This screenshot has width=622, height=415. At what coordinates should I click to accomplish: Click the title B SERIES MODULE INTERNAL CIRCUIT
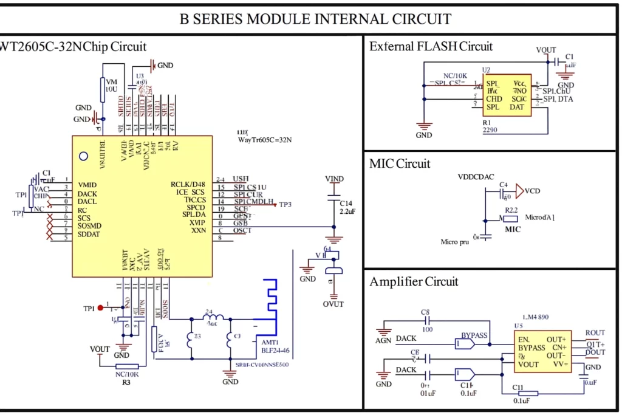(x=315, y=19)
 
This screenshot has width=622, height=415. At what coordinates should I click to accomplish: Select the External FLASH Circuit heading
(x=431, y=46)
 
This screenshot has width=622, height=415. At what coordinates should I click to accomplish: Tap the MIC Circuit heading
(x=399, y=163)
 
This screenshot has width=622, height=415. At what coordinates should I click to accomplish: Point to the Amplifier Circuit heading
(x=414, y=281)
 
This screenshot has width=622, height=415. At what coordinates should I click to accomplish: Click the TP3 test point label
(x=285, y=205)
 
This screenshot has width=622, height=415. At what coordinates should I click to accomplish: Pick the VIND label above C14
(x=334, y=179)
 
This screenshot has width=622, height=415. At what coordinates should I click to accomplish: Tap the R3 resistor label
(x=126, y=383)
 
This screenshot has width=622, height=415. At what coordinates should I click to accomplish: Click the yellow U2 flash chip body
(x=507, y=95)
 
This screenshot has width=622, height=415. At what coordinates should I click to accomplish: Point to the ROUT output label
(x=595, y=333)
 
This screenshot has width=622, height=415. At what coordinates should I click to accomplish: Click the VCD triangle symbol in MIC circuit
(x=519, y=191)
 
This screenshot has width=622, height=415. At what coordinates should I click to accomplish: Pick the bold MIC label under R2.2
(x=513, y=230)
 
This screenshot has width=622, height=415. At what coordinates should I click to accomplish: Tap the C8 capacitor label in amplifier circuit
(x=425, y=312)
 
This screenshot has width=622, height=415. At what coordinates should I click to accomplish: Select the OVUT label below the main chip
(x=333, y=304)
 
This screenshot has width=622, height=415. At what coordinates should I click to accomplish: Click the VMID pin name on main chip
(x=87, y=185)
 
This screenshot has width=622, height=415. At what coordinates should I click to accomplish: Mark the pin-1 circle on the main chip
(x=84, y=156)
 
